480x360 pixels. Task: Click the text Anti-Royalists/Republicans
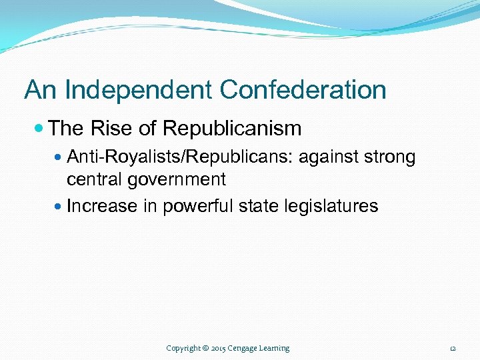click(x=181, y=158)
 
